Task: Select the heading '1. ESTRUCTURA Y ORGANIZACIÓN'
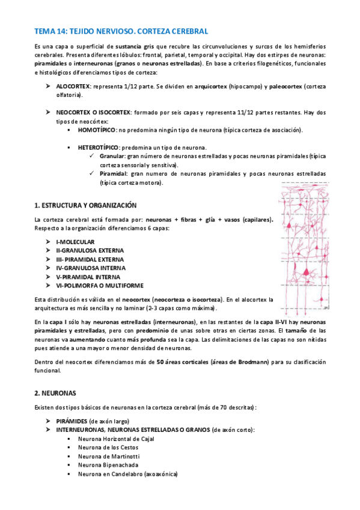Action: (x=86, y=205)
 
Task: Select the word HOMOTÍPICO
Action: (x=97, y=130)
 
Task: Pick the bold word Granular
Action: (x=113, y=156)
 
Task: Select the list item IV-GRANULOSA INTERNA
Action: (x=90, y=268)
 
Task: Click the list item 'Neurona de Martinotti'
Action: (x=107, y=456)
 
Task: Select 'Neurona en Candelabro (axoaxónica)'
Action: (x=127, y=474)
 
